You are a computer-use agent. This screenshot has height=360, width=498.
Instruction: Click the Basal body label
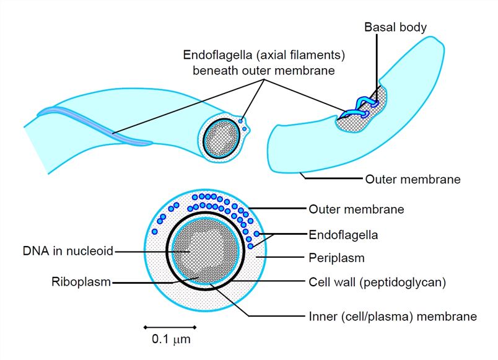pyautogui.click(x=395, y=27)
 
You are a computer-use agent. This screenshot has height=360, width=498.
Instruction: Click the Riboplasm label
pyautogui.click(x=81, y=283)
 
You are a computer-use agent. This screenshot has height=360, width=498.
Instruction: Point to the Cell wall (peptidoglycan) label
pyautogui.click(x=377, y=282)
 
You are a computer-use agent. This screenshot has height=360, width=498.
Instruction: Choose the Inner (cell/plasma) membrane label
pyautogui.click(x=392, y=317)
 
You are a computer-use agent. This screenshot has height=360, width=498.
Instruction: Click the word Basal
pyautogui.click(x=378, y=27)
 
